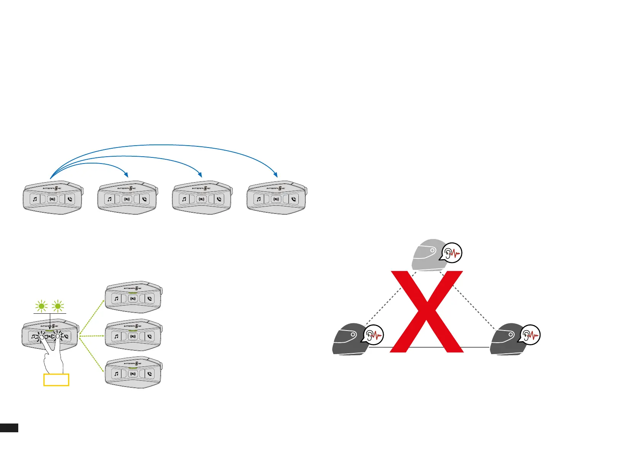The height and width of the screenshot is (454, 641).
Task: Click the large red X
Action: point(427,311)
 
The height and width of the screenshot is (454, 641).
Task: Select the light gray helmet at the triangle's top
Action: point(428,254)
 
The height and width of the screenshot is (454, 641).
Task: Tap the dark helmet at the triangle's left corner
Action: point(349,339)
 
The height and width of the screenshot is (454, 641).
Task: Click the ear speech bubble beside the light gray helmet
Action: point(451,253)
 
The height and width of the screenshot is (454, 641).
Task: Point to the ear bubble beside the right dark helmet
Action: point(530,335)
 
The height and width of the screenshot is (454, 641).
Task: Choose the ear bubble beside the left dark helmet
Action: point(373,335)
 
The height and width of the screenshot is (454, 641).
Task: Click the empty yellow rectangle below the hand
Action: point(56,380)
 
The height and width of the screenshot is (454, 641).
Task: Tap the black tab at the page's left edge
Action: point(9,427)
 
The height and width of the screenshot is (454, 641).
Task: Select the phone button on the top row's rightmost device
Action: point(293,199)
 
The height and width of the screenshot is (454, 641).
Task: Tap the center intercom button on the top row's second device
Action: point(127,199)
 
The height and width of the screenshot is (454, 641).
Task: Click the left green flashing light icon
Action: point(41,306)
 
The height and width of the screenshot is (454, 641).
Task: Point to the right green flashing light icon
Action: point(58,306)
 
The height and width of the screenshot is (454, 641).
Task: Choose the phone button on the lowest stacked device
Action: point(150,374)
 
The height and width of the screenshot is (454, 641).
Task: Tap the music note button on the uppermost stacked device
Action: point(116,298)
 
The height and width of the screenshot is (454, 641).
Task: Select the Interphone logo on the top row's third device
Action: point(201,188)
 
